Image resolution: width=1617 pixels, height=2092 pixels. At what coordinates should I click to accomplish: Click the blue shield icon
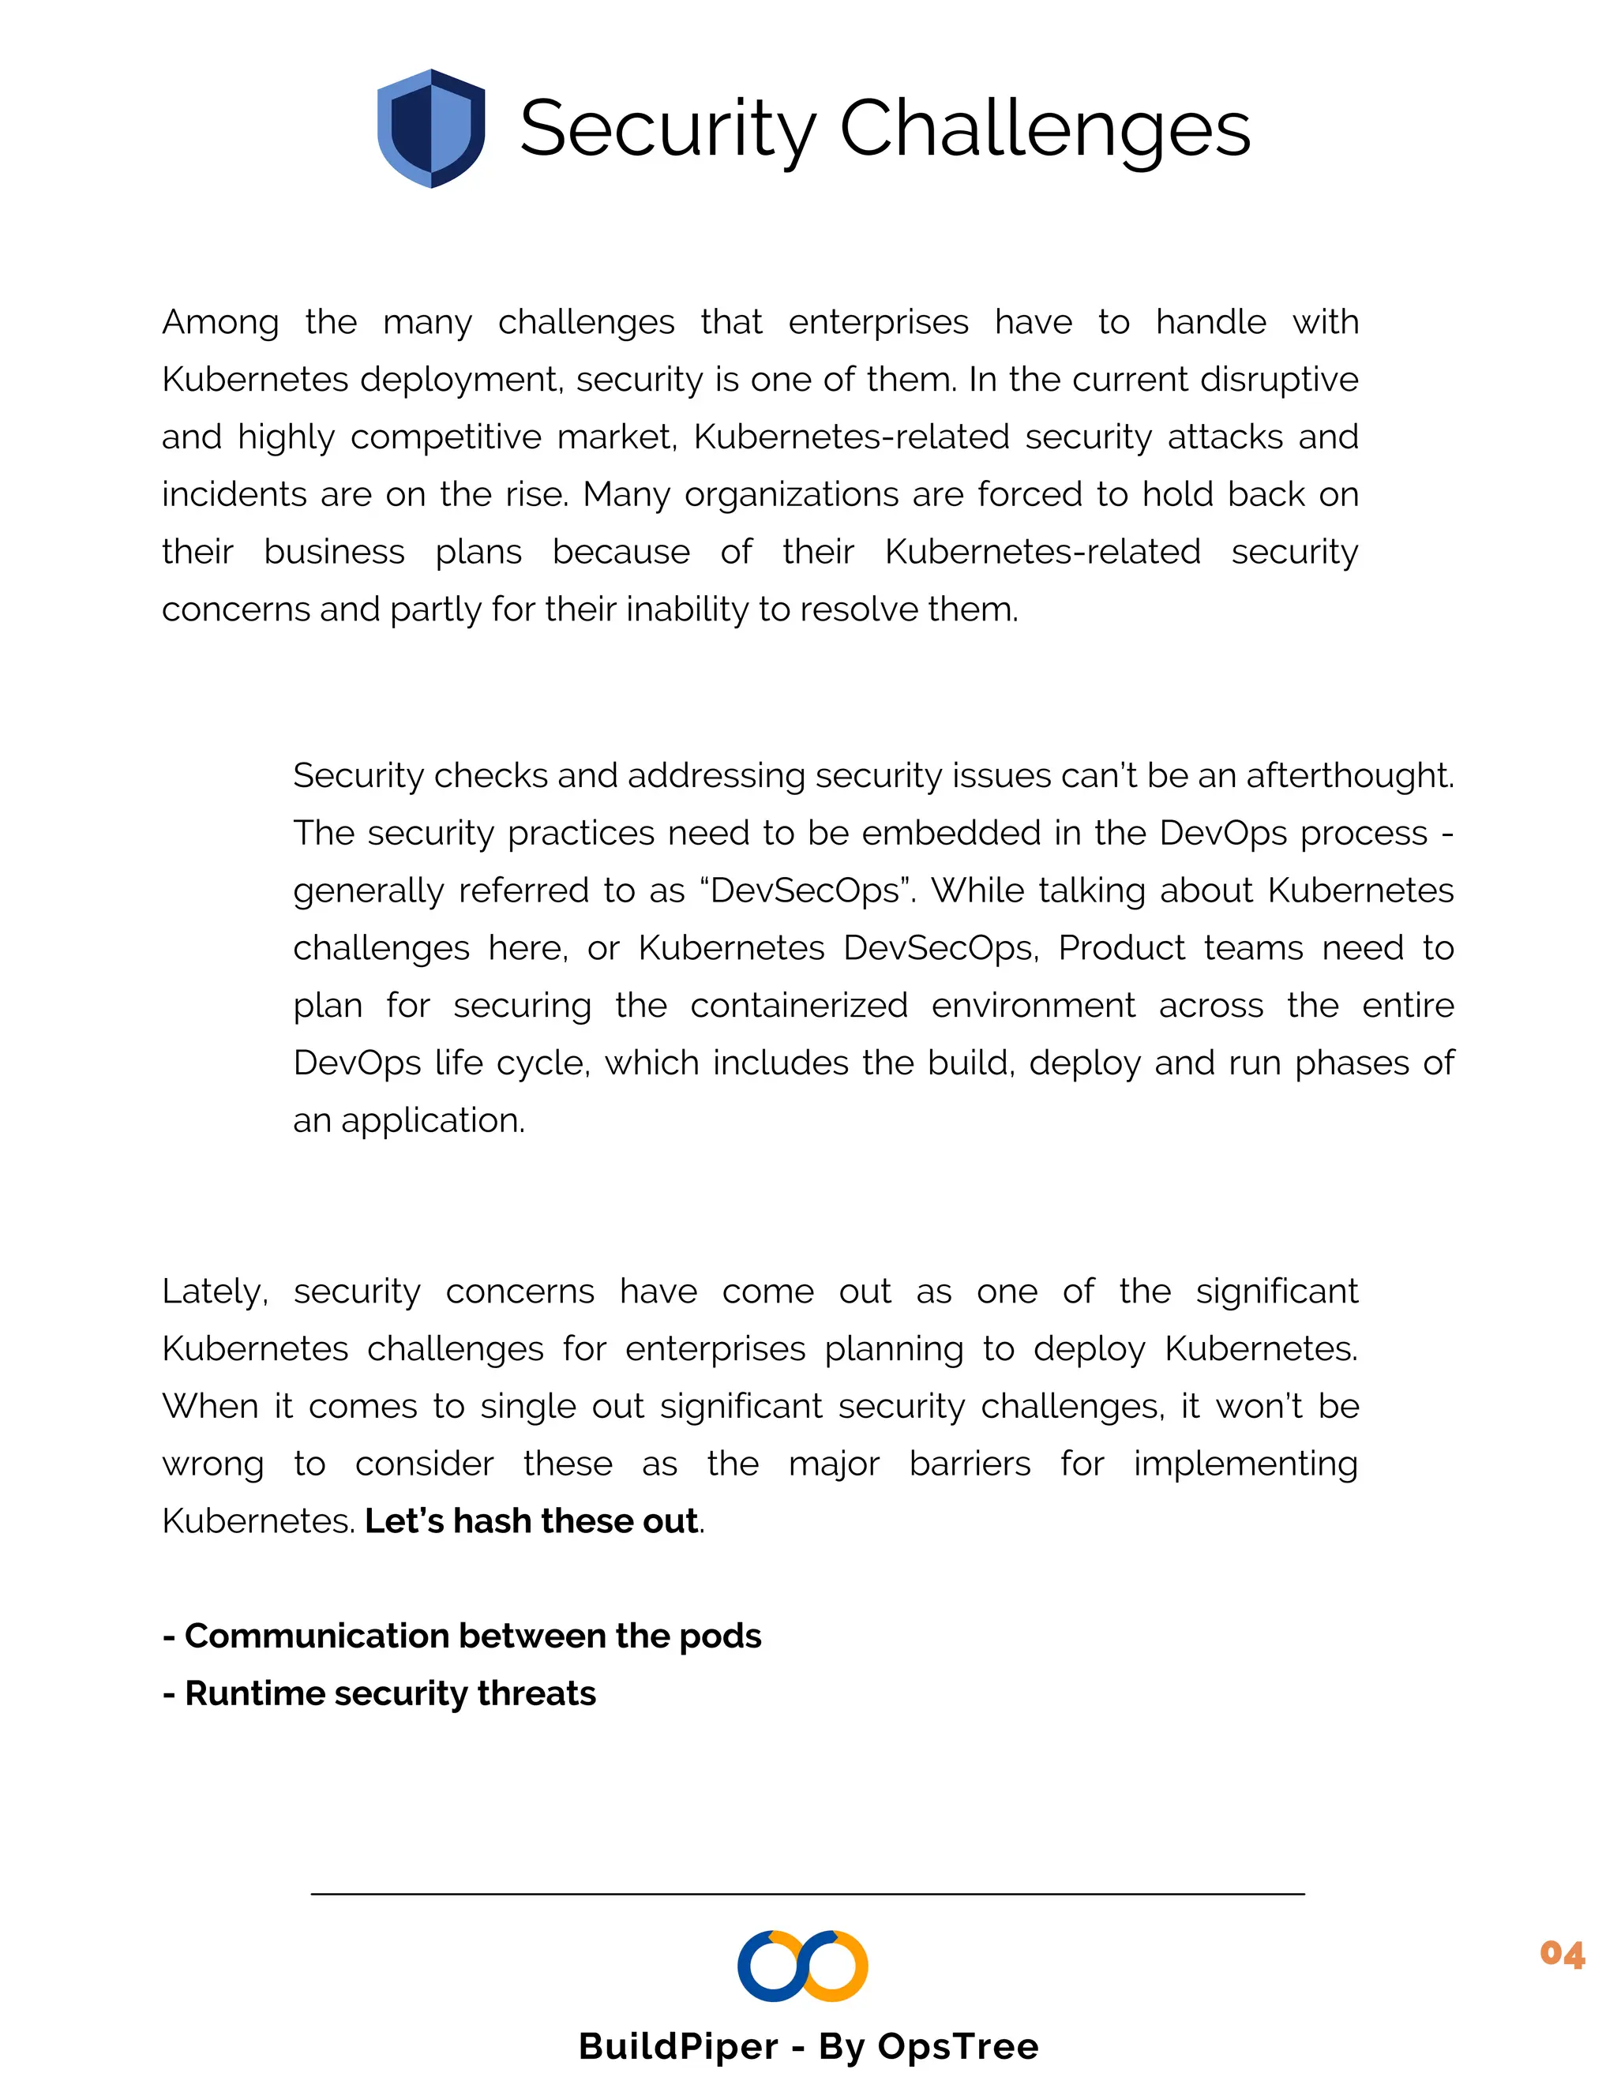(x=431, y=129)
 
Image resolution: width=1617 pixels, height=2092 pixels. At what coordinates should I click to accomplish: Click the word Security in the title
(x=666, y=129)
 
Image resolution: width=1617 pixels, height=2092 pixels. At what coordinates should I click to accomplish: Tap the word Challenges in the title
(x=1045, y=129)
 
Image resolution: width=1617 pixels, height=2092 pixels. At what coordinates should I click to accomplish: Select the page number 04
(x=1562, y=1953)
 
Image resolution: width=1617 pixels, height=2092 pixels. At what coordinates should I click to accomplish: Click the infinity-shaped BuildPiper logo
(x=803, y=1966)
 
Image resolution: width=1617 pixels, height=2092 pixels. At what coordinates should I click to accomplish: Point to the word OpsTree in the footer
(x=958, y=2046)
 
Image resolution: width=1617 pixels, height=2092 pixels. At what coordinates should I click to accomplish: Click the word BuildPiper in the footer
(x=678, y=2046)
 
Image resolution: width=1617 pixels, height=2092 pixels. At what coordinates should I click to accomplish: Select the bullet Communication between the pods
(x=463, y=1636)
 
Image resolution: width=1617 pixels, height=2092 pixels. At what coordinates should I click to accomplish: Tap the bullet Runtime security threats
(x=379, y=1693)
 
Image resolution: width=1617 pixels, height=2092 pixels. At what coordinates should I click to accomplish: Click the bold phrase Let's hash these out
(x=531, y=1521)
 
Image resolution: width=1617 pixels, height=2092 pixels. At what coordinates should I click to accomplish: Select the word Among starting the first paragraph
(x=219, y=323)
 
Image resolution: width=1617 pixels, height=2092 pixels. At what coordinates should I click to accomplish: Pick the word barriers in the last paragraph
(x=970, y=1464)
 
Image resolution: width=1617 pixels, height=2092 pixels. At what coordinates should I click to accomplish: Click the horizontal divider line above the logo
(x=808, y=1894)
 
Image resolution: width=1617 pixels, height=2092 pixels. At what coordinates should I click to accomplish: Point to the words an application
(x=409, y=1121)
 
